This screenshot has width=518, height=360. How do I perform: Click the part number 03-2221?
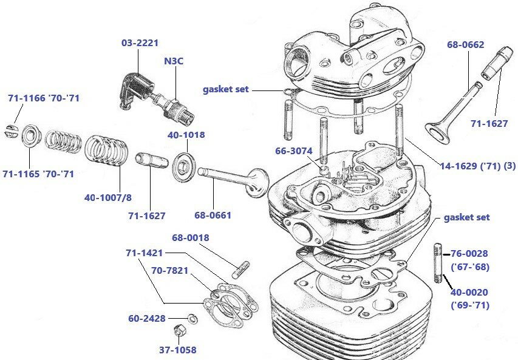tap(140, 42)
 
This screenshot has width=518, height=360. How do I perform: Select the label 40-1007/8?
tap(108, 197)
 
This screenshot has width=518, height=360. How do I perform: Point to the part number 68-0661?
tap(213, 215)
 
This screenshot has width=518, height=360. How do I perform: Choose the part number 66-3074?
tap(294, 150)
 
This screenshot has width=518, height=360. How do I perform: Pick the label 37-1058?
tap(178, 350)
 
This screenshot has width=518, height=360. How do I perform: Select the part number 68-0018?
tap(191, 237)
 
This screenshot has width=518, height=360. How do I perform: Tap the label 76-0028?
tap(469, 253)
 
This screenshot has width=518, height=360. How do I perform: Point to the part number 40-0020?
tap(469, 293)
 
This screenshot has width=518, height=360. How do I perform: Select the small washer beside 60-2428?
tap(190, 318)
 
